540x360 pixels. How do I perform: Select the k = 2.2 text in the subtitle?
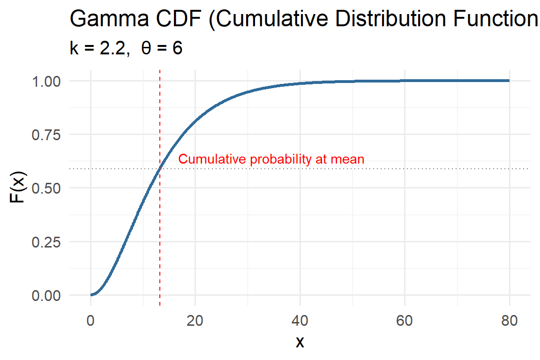point(99,49)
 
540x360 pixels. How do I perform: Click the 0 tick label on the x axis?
point(90,321)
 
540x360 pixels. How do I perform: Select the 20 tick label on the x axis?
point(195,321)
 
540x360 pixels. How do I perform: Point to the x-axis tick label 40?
point(300,321)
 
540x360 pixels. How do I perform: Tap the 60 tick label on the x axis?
point(405,321)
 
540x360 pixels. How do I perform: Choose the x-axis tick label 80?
point(509,321)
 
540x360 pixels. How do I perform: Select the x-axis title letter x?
point(300,343)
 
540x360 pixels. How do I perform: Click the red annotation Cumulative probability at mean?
point(271,159)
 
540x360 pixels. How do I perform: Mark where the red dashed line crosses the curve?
point(160,168)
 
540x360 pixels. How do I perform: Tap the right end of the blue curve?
point(509,81)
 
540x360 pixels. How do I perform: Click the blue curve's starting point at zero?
point(91,295)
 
